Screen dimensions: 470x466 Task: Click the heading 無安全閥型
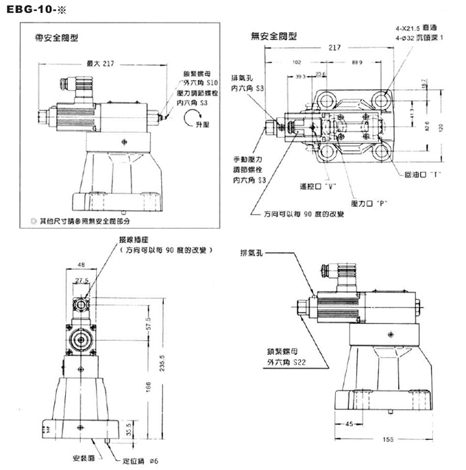click(x=274, y=36)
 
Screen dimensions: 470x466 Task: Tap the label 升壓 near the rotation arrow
click(x=201, y=127)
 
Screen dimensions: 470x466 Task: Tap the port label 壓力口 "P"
click(x=369, y=203)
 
